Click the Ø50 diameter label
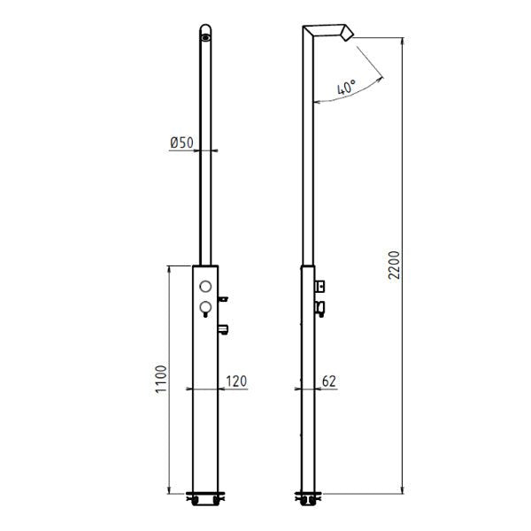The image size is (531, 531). [181, 142]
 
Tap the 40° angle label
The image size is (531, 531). [347, 87]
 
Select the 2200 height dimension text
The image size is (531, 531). [395, 263]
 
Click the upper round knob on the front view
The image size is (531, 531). [205, 286]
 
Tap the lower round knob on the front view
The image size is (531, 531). [205, 308]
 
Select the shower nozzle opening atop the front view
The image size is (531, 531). [205, 36]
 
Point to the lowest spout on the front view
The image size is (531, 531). [225, 330]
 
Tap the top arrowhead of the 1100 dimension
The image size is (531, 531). [168, 268]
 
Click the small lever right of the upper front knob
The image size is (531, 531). [225, 298]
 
